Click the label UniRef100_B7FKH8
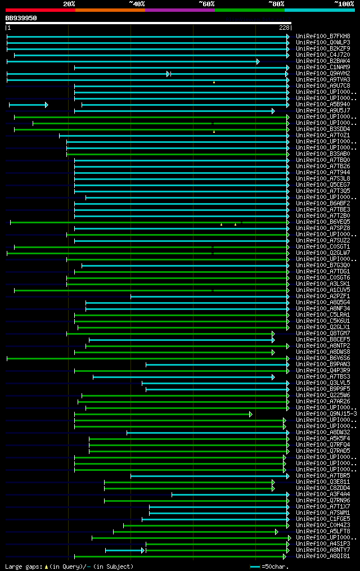click(x=323, y=36)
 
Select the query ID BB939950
click(x=21, y=18)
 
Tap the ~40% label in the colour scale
click(x=137, y=4)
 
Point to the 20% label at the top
click(x=69, y=4)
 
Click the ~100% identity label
click(x=344, y=4)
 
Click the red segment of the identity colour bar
click(x=40, y=10)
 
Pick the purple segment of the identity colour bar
click(x=179, y=10)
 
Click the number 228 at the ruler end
click(x=284, y=28)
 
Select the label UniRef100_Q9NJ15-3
click(x=326, y=414)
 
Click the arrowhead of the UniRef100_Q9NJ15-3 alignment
click(x=251, y=414)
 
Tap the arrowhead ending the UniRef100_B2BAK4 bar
click(x=258, y=61)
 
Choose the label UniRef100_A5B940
click(x=323, y=104)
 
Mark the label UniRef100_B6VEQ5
click(x=323, y=222)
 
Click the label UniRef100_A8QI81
click(x=323, y=556)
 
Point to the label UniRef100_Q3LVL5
click(x=323, y=383)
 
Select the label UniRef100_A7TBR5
click(x=323, y=475)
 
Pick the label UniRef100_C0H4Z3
click(x=323, y=525)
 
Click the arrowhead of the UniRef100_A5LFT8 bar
click(x=277, y=531)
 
